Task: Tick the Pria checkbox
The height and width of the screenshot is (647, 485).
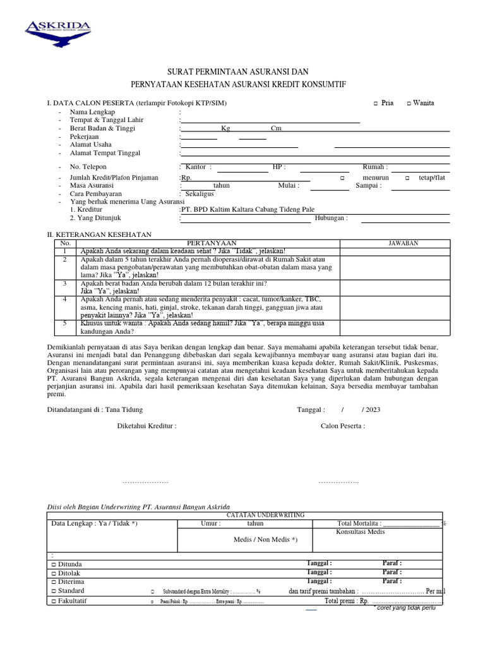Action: (375, 104)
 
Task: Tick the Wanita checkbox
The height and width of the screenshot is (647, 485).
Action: (409, 104)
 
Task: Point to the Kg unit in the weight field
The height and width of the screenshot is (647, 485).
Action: (225, 128)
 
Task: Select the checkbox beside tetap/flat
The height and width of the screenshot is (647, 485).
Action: (407, 178)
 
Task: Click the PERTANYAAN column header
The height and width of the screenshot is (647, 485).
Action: (211, 243)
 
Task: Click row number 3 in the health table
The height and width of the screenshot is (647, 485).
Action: (64, 284)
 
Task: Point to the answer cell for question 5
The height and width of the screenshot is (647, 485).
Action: (394, 327)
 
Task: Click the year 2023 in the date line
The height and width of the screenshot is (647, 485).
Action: (373, 409)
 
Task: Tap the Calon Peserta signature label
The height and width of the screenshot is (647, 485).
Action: (342, 426)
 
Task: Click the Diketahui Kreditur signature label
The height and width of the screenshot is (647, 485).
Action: (147, 426)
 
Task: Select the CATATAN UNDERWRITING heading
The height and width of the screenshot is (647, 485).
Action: (265, 516)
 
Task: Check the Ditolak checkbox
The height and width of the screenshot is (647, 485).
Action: (54, 573)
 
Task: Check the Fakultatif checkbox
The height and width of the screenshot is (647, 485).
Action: (54, 602)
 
